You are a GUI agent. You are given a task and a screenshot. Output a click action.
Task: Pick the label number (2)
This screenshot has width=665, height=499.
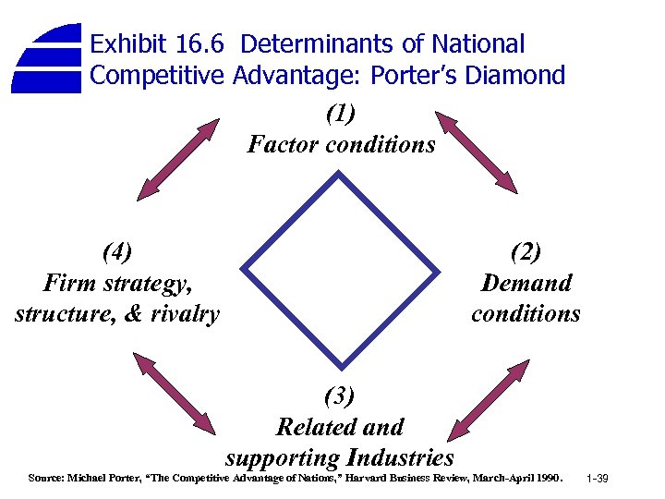525,251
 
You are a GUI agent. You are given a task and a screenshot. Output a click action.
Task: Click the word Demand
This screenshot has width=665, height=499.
526,283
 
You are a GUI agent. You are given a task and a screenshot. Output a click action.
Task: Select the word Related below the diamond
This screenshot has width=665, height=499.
315,427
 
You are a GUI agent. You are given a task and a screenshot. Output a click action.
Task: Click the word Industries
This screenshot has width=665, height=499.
400,457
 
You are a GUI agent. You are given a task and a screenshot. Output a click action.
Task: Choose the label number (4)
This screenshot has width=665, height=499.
117,251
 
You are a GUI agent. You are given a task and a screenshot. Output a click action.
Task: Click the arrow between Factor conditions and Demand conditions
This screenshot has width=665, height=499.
477,152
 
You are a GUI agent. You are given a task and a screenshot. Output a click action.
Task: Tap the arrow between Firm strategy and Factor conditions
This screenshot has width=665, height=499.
179,159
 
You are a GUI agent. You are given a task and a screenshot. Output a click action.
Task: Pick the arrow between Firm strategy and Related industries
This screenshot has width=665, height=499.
180,394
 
